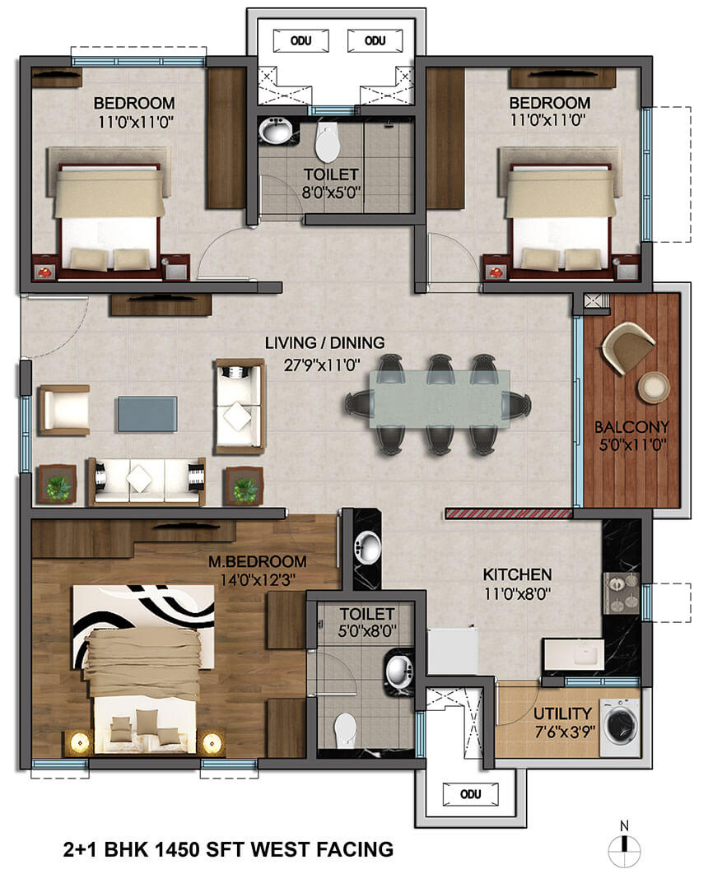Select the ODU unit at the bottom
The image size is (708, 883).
click(470, 794)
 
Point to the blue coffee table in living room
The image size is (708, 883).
click(147, 414)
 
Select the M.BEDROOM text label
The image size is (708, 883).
click(258, 562)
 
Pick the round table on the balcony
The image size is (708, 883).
click(653, 386)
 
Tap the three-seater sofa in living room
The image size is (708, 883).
click(146, 481)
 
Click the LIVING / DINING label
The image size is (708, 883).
click(324, 342)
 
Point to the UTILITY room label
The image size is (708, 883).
click(561, 713)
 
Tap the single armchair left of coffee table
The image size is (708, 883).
click(64, 410)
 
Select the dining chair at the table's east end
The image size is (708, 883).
click(517, 404)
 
